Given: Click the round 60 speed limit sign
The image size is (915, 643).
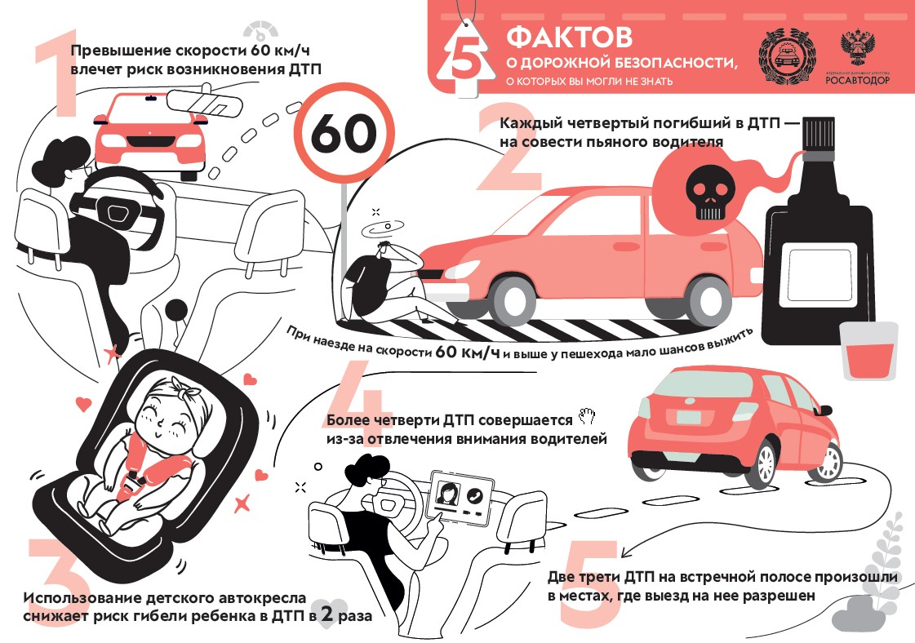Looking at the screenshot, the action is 344,134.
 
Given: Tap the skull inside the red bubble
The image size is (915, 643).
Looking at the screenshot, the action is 710,192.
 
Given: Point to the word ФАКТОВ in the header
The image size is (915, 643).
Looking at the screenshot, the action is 569,37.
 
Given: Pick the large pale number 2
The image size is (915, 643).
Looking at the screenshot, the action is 507,149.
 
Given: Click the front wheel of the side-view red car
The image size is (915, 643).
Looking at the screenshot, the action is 513,301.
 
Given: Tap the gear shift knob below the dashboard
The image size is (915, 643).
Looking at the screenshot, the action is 175,310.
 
